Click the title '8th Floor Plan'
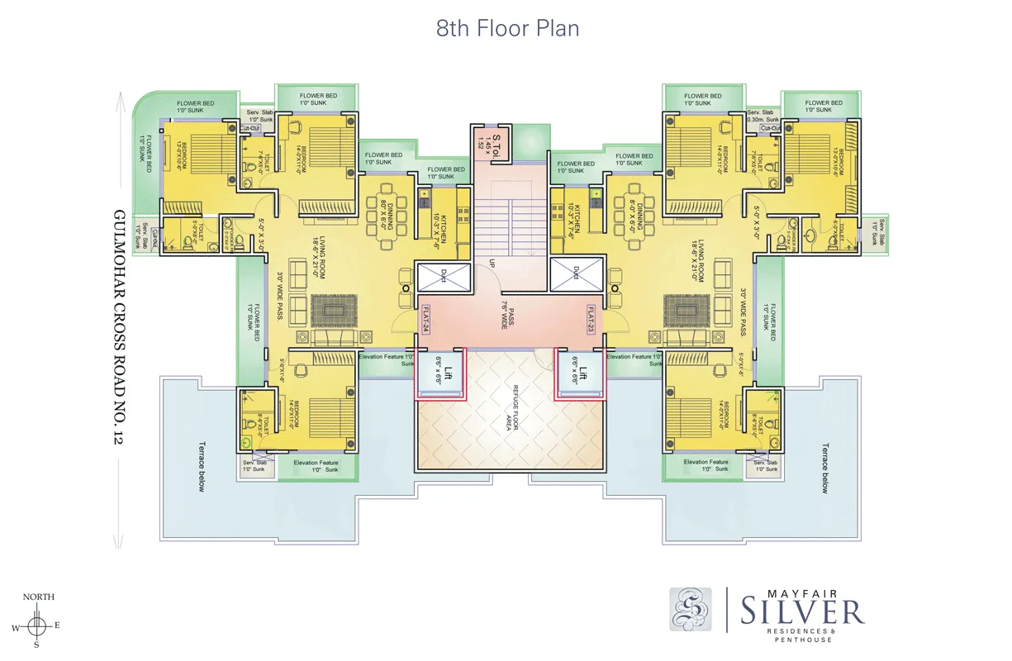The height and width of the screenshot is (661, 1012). coord(507,28)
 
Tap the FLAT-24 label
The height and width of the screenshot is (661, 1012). coord(426,318)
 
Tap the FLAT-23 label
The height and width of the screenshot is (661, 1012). coord(592,318)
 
